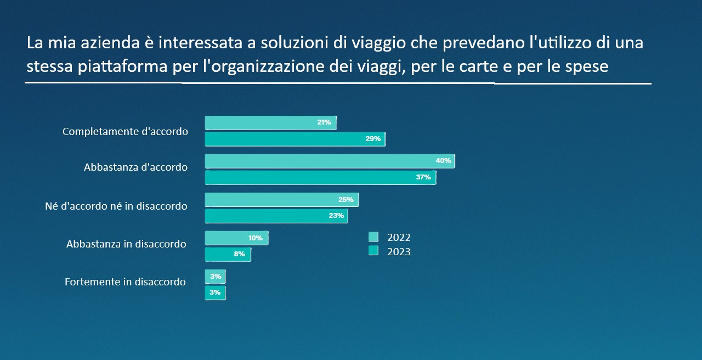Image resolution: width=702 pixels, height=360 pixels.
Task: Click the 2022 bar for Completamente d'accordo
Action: (270, 123)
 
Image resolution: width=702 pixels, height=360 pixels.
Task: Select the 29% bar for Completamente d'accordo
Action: (295, 139)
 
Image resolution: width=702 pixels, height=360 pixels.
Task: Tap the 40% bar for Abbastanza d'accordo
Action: (330, 161)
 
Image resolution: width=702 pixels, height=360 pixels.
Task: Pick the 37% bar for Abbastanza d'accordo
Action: (320, 177)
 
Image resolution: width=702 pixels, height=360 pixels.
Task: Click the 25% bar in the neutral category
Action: (281, 200)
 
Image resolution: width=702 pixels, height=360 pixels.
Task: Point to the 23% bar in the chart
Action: (276, 216)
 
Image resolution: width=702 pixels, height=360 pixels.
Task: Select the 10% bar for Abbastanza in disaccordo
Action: (236, 238)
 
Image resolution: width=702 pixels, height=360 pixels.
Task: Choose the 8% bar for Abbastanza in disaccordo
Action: (228, 254)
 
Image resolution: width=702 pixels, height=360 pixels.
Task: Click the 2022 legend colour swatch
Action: (373, 237)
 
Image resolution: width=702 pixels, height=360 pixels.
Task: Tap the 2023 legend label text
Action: (399, 252)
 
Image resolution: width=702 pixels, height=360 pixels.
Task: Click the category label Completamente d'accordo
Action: (125, 132)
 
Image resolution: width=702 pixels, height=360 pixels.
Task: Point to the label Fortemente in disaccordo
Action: (125, 282)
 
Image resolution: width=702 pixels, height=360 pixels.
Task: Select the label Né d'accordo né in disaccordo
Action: (116, 207)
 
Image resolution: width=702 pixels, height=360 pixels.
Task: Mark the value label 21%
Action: (324, 122)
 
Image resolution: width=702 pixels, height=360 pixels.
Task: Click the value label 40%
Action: (443, 161)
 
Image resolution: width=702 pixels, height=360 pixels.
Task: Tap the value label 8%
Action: (239, 254)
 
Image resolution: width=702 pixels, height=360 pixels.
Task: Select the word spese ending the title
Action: (588, 67)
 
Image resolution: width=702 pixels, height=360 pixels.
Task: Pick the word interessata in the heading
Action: (195, 43)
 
